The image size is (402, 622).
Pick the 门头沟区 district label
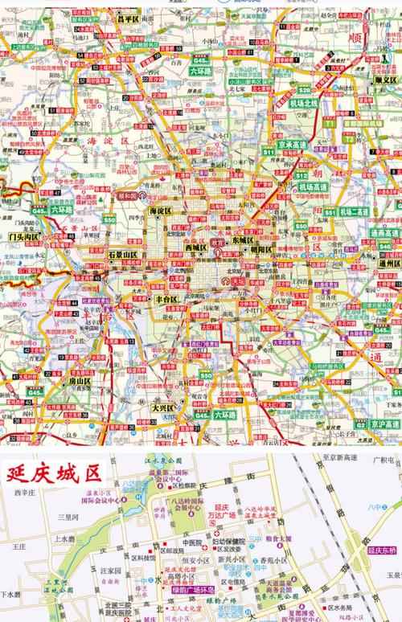(25, 237)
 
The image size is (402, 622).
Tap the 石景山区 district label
(123, 255)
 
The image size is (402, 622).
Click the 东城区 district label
(242, 240)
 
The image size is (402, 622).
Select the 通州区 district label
(385, 263)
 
